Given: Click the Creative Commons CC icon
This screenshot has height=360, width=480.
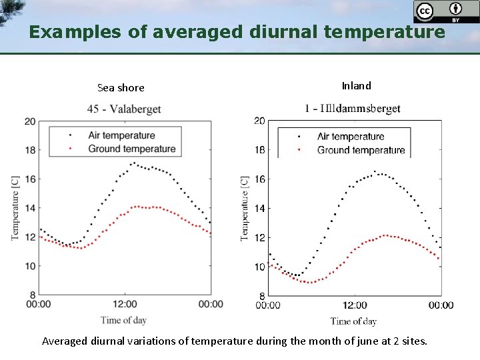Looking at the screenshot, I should click(x=424, y=11).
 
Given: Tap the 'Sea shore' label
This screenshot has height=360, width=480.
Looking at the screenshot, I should click(x=121, y=88).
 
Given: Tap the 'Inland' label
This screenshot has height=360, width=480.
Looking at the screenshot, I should click(x=356, y=85).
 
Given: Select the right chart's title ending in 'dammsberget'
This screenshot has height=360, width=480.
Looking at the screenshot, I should click(x=353, y=108).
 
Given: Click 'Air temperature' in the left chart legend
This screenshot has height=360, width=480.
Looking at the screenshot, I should click(x=121, y=135).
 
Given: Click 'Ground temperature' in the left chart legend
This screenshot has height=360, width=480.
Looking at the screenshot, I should click(x=132, y=149).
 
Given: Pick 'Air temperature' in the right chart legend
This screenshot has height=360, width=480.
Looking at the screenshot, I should click(x=351, y=137).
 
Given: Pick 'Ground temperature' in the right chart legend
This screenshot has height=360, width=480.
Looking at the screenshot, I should click(x=361, y=150).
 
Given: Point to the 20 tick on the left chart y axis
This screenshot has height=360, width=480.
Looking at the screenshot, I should click(x=30, y=121).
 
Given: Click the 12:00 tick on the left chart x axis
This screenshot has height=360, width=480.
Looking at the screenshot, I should click(x=125, y=305).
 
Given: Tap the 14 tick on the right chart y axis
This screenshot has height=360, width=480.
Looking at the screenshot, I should click(x=259, y=209).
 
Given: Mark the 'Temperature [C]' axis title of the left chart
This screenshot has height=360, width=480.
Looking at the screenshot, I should click(x=15, y=207).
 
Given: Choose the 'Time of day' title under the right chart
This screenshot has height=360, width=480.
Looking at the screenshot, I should click(x=353, y=321).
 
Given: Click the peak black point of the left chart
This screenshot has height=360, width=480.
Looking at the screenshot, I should click(x=133, y=162).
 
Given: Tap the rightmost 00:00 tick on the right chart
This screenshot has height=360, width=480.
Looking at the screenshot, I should click(x=441, y=305).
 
